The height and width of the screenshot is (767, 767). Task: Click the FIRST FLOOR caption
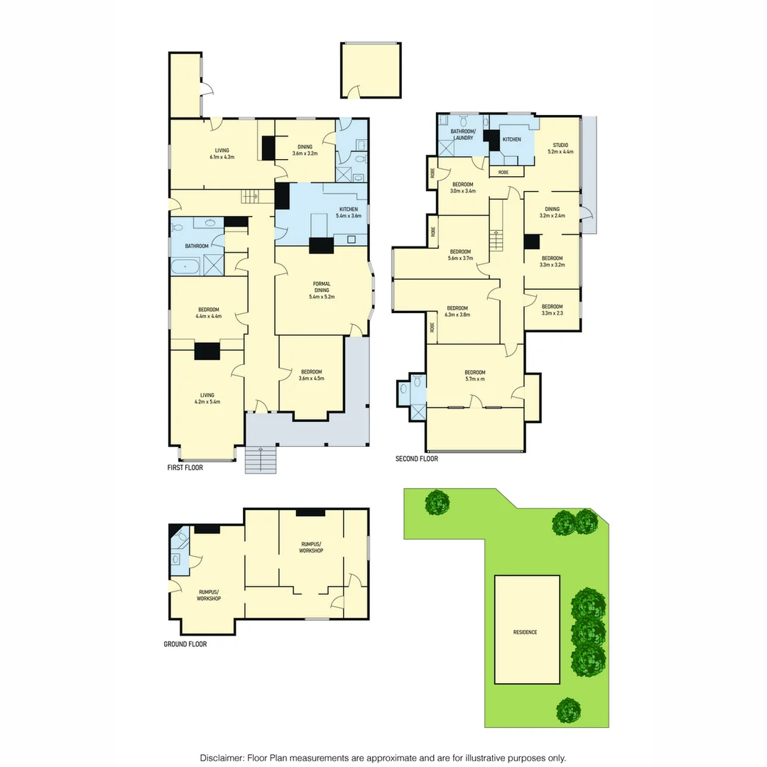click(185, 468)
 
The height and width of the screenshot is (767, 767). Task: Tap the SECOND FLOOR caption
click(416, 459)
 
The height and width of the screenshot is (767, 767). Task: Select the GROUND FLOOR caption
click(185, 644)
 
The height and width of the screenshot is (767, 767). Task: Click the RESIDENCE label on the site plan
click(526, 632)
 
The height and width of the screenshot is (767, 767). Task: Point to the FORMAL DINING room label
click(322, 290)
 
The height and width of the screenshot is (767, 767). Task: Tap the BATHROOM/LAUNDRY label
click(462, 134)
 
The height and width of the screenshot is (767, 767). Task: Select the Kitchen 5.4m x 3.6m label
click(348, 212)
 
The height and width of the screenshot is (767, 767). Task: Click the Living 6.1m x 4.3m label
click(222, 153)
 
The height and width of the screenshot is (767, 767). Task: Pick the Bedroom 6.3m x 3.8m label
click(457, 311)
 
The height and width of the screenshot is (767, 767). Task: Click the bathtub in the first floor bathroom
click(186, 267)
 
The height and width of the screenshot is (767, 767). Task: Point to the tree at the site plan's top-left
click(437, 503)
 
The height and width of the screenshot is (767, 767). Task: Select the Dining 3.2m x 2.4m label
click(552, 212)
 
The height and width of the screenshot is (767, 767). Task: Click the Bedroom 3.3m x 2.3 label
click(552, 310)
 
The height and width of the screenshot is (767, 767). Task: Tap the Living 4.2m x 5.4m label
click(207, 398)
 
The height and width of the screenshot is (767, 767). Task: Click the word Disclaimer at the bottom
click(222, 758)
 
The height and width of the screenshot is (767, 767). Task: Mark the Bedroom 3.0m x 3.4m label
click(462, 187)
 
